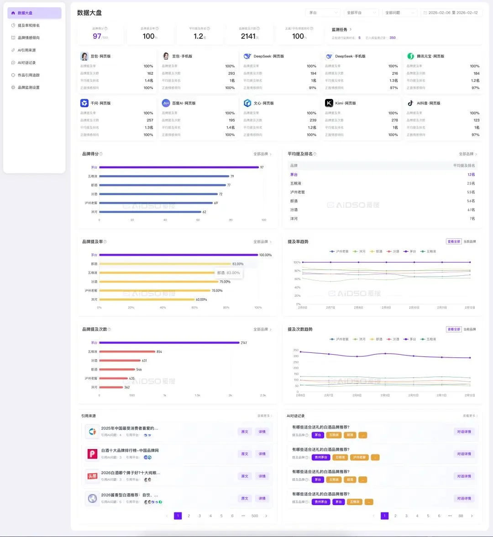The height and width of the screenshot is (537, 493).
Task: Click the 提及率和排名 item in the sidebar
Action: click(x=28, y=26)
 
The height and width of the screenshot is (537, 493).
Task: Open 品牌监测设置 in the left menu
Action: click(x=28, y=88)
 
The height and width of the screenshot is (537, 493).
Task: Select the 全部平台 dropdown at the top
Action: click(x=361, y=13)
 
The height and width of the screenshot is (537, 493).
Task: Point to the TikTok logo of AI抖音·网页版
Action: click(x=410, y=103)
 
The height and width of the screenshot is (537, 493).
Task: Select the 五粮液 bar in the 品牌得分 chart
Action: click(x=164, y=176)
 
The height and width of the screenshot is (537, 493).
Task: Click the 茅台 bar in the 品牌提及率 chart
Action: click(x=178, y=255)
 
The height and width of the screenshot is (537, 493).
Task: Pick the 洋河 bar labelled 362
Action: click(x=111, y=387)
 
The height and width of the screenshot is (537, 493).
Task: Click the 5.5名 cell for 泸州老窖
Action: click(x=471, y=192)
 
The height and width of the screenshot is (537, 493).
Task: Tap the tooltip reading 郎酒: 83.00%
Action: click(x=228, y=273)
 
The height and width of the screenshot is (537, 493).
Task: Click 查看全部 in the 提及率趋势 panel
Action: click(x=454, y=242)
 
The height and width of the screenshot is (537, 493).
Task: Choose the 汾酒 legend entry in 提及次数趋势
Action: click(x=393, y=340)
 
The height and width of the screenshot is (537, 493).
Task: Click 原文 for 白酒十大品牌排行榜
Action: click(x=245, y=454)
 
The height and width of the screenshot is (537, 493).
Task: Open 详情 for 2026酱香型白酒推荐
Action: click(x=262, y=499)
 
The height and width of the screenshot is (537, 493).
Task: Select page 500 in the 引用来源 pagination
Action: click(x=255, y=516)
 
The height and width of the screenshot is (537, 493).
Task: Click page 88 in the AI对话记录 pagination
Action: click(x=461, y=516)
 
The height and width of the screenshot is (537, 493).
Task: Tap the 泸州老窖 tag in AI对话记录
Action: click(x=359, y=458)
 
